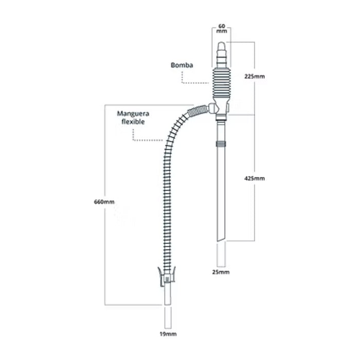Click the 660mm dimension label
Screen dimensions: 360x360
pos(104,202)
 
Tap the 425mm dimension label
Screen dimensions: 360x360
pos(255,178)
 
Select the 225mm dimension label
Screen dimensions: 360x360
pos(255,77)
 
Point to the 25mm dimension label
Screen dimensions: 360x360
pos(221,272)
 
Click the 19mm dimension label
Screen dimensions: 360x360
pos(168,334)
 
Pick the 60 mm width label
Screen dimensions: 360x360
pos(222,28)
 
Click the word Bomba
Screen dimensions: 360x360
pos(182,65)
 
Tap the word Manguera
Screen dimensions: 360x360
pos(133,114)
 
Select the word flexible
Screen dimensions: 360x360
pos(133,121)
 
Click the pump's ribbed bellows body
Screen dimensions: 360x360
pos(222,83)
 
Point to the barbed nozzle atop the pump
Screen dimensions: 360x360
pos(222,55)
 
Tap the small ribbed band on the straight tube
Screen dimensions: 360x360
pos(221,144)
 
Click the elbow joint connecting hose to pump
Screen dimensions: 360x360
pos(212,109)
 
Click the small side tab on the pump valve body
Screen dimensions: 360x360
pos(228,107)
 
